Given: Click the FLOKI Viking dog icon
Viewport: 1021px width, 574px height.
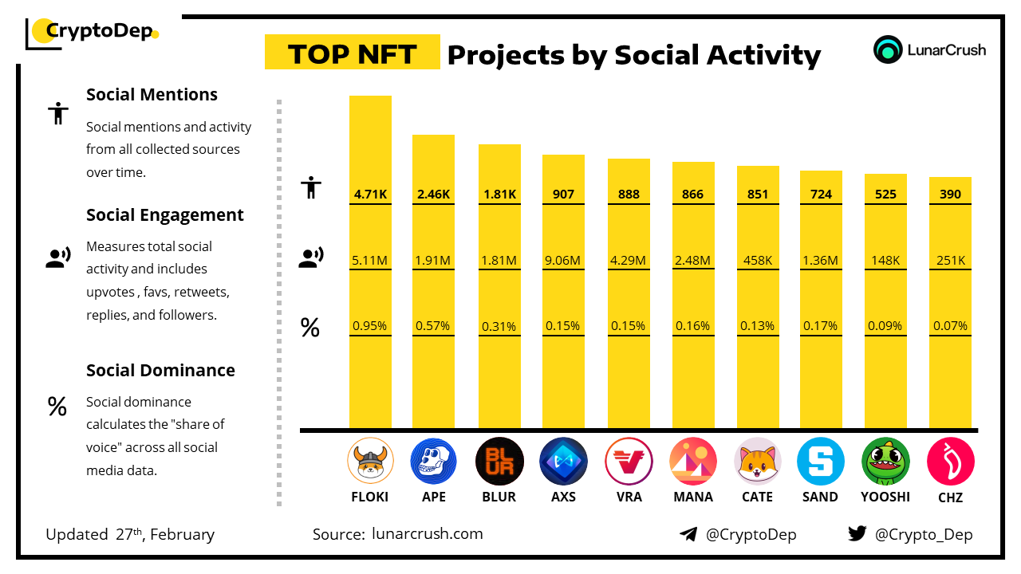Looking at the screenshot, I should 371,461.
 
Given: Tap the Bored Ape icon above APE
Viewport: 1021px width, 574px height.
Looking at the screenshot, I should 434,461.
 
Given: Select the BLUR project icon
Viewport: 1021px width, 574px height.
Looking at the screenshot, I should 499,461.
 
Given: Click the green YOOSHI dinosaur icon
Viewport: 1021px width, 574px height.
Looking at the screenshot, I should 885,461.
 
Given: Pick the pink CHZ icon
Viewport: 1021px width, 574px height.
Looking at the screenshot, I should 950,461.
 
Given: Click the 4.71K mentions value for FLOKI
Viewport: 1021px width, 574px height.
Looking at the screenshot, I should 370,194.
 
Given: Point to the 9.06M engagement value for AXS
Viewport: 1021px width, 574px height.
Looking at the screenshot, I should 563,260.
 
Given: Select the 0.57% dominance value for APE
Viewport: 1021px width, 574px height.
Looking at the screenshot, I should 433,326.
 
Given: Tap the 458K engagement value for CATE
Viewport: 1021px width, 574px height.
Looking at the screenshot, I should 757,260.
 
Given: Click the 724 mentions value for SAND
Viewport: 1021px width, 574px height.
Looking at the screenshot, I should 821,194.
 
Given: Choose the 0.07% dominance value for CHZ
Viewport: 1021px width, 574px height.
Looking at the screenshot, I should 950,326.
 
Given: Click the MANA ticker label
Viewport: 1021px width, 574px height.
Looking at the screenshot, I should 692,497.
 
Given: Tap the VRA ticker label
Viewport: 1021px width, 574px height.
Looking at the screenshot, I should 629,497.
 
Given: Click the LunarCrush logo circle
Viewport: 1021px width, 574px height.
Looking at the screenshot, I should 887,49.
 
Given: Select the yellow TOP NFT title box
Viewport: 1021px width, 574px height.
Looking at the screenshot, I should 352,53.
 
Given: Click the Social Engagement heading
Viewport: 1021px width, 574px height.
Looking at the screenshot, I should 165,215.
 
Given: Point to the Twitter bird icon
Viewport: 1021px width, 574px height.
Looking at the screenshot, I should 857,534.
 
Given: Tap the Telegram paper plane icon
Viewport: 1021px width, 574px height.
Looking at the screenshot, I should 688,534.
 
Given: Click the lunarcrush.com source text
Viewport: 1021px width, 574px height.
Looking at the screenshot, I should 428,534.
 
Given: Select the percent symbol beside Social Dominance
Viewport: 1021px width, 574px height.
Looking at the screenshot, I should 57,407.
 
